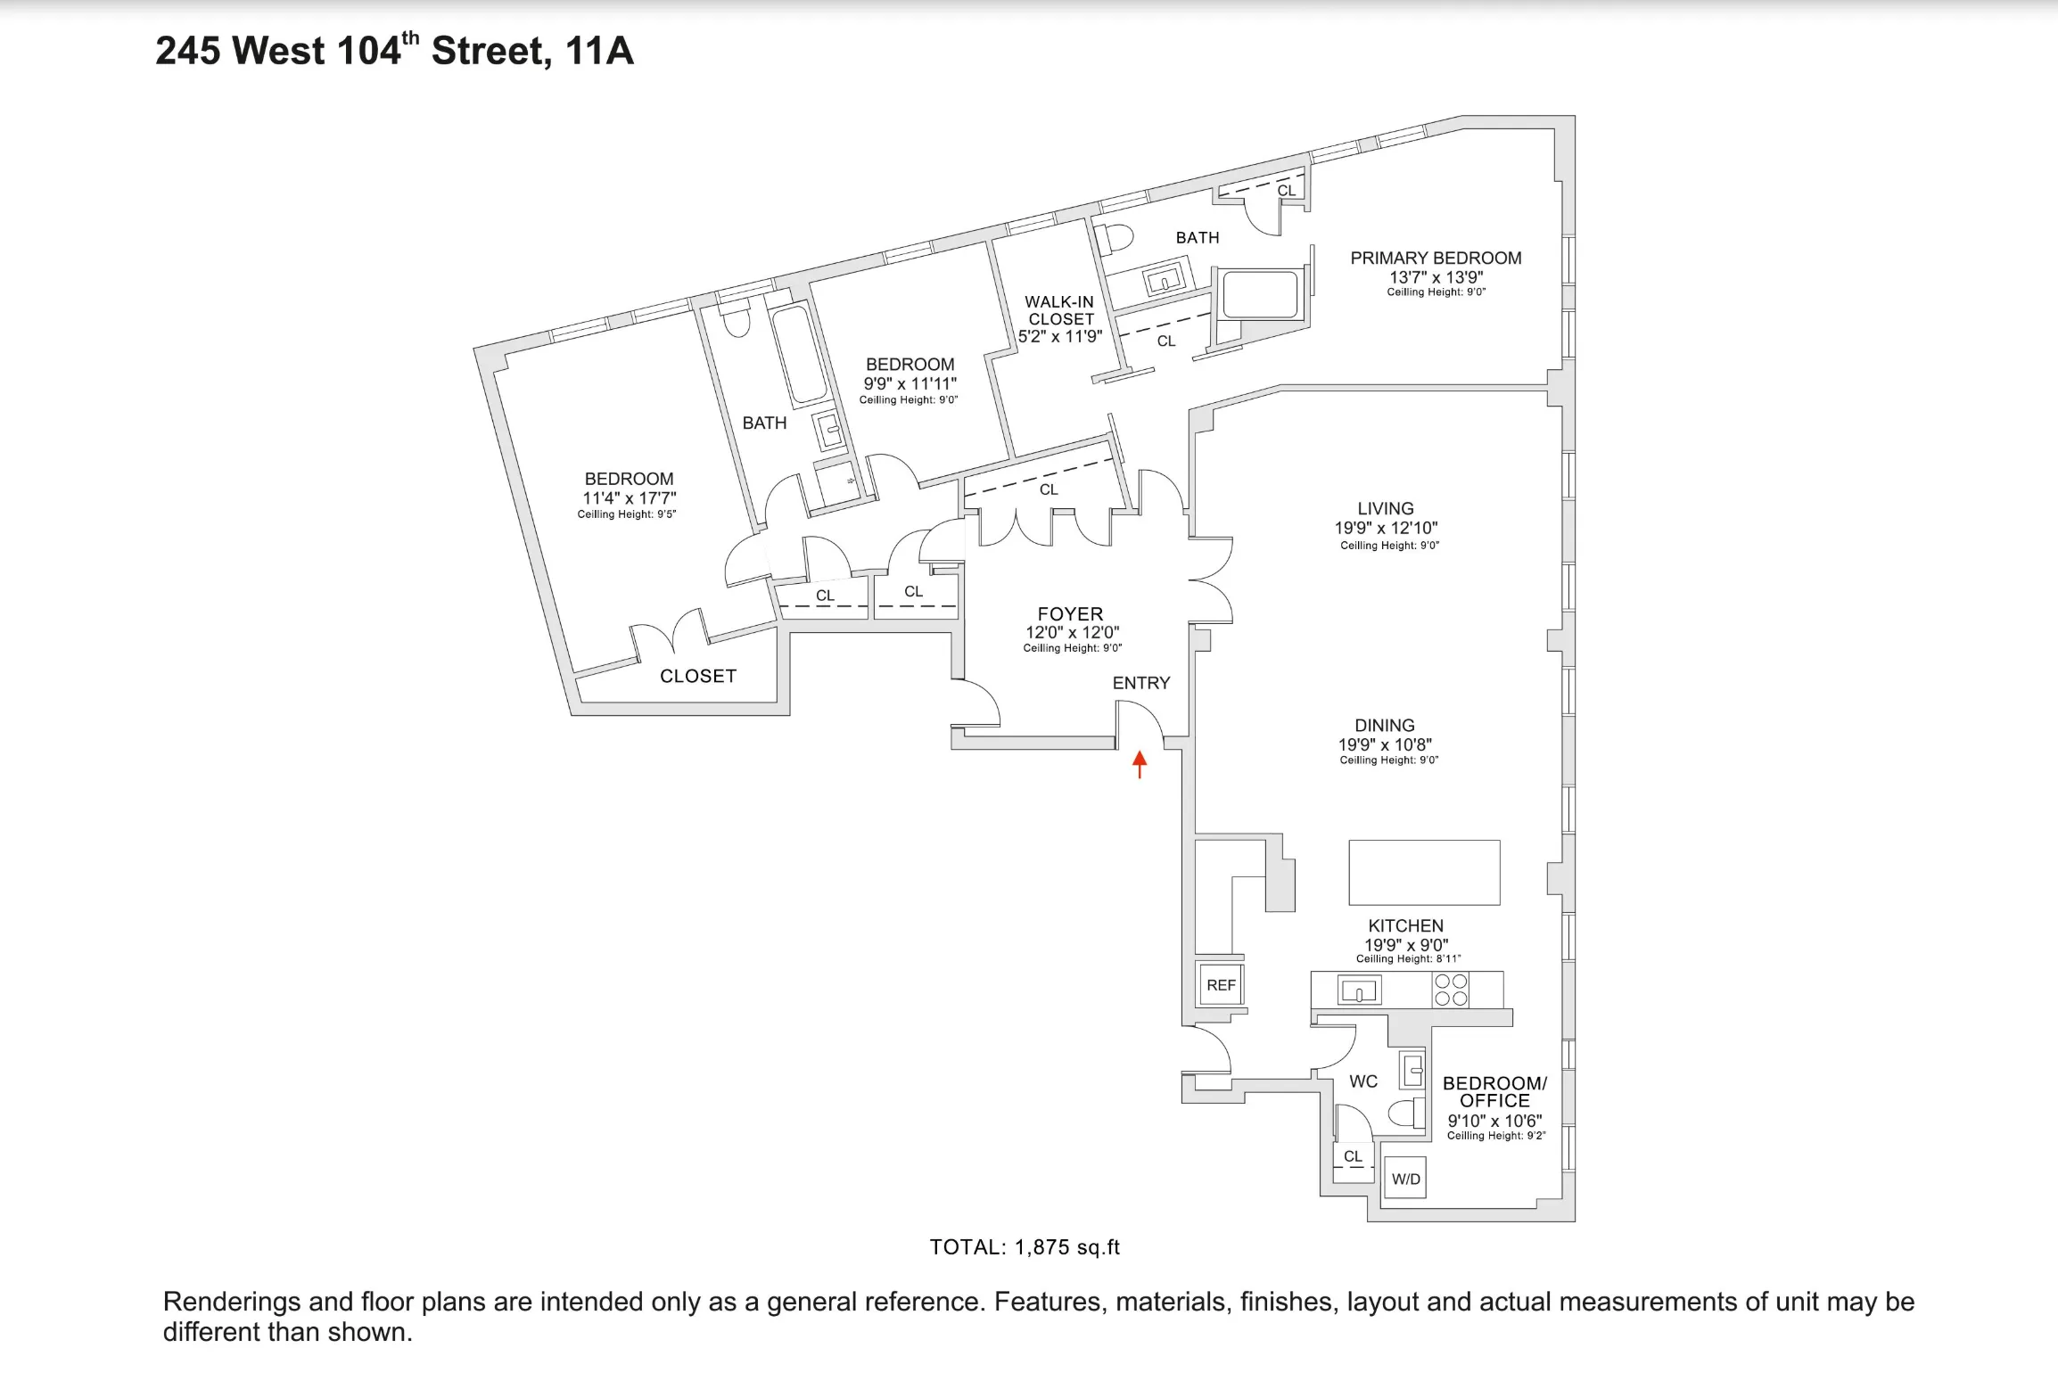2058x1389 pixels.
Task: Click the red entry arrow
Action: (1139, 764)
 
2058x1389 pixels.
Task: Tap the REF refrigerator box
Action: (1221, 985)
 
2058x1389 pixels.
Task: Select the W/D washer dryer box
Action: (1405, 1179)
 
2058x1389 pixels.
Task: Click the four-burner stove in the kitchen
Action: (1451, 990)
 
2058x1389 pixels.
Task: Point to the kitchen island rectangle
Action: (1424, 872)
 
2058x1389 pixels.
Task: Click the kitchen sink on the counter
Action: (1359, 990)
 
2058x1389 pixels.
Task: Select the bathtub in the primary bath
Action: (1260, 295)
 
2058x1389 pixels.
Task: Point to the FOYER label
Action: (1070, 614)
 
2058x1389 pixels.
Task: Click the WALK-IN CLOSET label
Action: (1060, 310)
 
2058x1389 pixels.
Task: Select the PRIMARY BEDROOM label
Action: (1435, 259)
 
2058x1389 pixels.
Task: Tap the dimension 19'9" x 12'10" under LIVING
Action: (1385, 528)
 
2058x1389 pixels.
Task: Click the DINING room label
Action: (1384, 726)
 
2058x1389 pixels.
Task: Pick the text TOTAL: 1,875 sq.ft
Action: (1024, 1247)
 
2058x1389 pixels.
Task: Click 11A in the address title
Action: (599, 51)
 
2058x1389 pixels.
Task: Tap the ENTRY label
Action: (1140, 683)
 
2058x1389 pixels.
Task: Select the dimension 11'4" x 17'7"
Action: (629, 498)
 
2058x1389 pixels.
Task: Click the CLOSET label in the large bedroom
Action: (697, 677)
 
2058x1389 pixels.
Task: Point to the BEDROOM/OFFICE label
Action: (1494, 1092)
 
